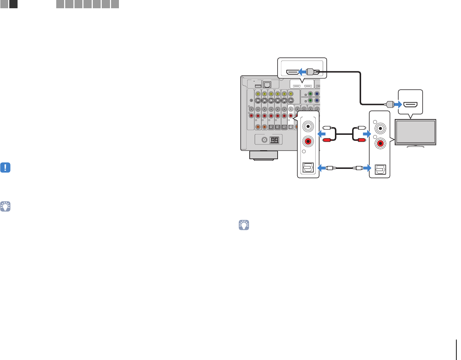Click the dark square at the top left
[x=13, y=4]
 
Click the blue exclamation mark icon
[x=5, y=168]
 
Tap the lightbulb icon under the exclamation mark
[x=5, y=206]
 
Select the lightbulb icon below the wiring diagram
[x=244, y=225]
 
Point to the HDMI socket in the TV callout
[x=410, y=105]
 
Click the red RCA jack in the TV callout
[x=380, y=144]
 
